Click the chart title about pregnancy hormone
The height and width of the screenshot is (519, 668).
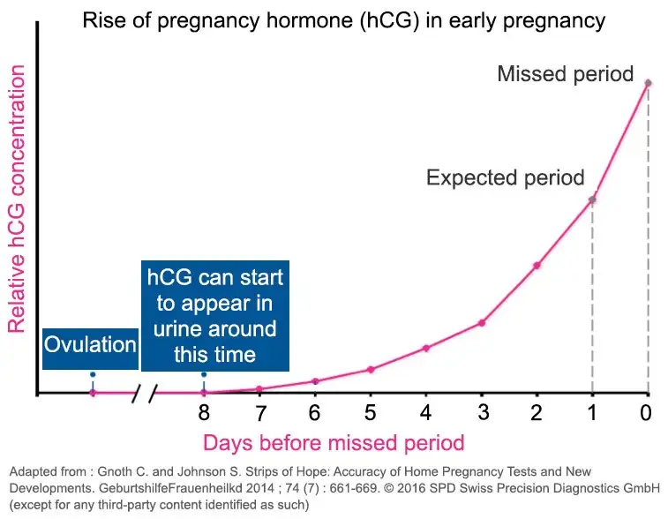click(x=344, y=20)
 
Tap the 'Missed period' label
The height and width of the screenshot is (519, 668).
click(x=565, y=73)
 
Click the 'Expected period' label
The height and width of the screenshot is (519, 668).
click(x=505, y=178)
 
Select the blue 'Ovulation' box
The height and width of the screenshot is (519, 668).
click(x=91, y=344)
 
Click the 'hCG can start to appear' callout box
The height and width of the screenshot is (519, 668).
click(x=215, y=316)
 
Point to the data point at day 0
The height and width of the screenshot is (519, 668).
click(x=649, y=84)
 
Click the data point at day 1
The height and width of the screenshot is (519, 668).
click(x=592, y=199)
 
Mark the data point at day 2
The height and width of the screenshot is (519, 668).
click(x=537, y=265)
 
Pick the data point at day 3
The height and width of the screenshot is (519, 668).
click(x=482, y=322)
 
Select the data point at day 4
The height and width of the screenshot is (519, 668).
click(x=426, y=348)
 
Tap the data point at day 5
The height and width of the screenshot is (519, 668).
click(x=371, y=369)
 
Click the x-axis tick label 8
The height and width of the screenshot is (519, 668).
click(x=204, y=413)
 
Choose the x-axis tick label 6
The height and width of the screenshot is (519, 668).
click(x=315, y=413)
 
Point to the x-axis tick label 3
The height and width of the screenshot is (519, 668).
click(x=482, y=413)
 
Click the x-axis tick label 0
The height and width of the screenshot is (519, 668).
click(x=647, y=413)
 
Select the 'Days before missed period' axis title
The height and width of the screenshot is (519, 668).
click(x=334, y=441)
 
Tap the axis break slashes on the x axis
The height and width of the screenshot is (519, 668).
click(x=145, y=394)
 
